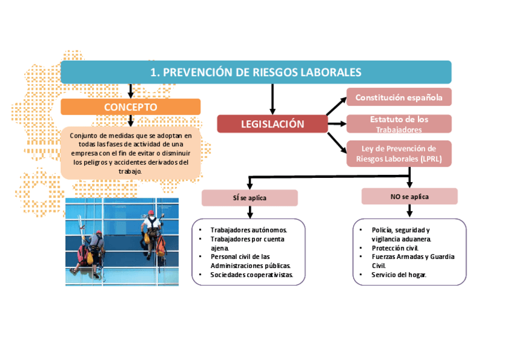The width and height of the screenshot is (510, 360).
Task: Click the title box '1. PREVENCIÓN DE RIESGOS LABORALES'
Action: pyautogui.click(x=256, y=72)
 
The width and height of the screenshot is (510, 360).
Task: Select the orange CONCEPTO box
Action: pyautogui.click(x=131, y=107)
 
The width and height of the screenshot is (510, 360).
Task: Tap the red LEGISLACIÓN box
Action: pyautogui.click(x=272, y=124)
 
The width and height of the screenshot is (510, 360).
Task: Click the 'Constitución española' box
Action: pyautogui.click(x=399, y=97)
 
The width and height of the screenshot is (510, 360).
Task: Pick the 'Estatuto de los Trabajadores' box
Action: pyautogui.click(x=399, y=124)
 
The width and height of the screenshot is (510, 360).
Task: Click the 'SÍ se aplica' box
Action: pyautogui.click(x=250, y=198)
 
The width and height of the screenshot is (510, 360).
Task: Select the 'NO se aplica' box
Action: pyautogui.click(x=410, y=197)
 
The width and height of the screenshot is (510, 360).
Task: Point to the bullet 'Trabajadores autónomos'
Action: pyautogui.click(x=248, y=230)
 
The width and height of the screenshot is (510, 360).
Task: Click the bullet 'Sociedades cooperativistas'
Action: pyautogui.click(x=251, y=275)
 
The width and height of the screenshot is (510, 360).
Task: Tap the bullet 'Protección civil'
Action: pyautogui.click(x=395, y=248)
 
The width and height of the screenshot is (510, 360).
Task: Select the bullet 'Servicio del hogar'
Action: pyautogui.click(x=399, y=275)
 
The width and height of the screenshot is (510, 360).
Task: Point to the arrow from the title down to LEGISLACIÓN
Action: pyautogui.click(x=272, y=99)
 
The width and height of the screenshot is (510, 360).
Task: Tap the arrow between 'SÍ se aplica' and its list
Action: pyautogui.click(x=250, y=212)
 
